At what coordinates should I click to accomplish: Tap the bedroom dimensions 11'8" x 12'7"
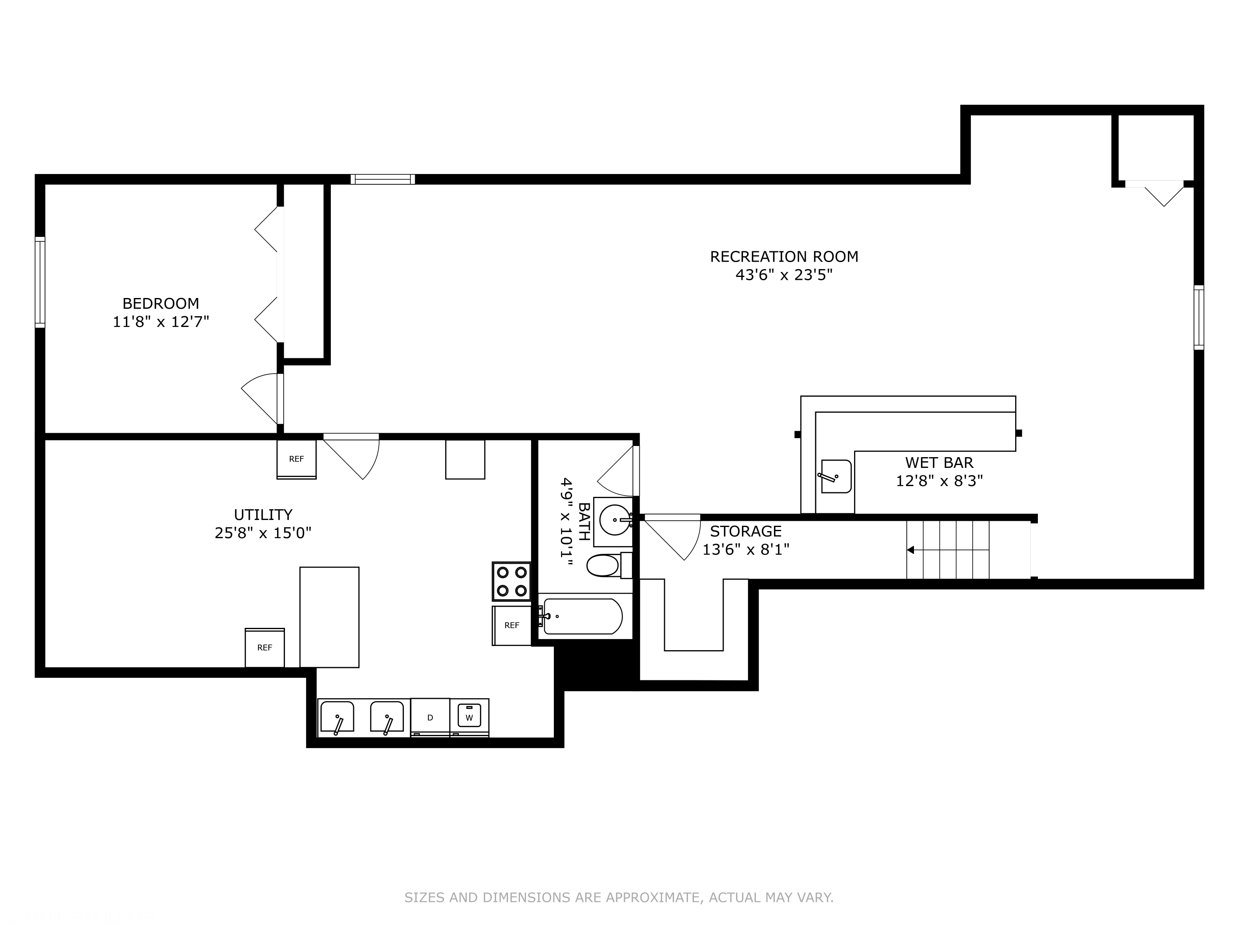[x=161, y=322]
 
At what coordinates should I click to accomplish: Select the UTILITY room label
[x=263, y=515]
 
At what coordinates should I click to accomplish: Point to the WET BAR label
[x=939, y=463]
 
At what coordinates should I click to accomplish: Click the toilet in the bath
[x=609, y=565]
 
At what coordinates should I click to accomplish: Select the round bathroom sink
[x=615, y=520]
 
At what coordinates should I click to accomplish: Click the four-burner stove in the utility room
[x=511, y=581]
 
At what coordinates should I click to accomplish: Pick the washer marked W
[x=470, y=717]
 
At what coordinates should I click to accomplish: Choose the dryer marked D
[x=430, y=717]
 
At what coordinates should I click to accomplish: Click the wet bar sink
[x=836, y=477]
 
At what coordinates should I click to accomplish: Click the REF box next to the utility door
[x=296, y=459]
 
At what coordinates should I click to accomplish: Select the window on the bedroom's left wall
[x=40, y=282]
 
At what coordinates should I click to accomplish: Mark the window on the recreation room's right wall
[x=1199, y=317]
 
